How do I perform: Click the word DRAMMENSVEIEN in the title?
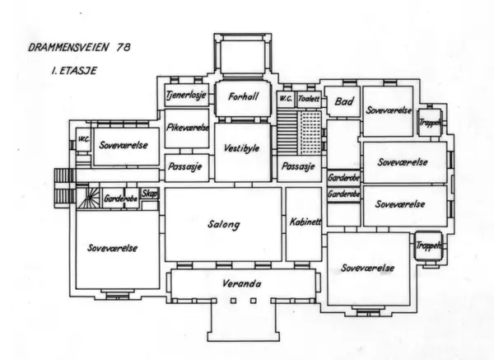point(68,48)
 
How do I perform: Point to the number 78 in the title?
point(123,48)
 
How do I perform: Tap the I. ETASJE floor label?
point(74,71)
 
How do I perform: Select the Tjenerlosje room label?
point(187,95)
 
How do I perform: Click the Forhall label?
point(243,96)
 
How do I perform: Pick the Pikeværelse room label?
point(188,128)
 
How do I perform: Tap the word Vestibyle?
point(241,148)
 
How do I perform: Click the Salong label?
point(224,224)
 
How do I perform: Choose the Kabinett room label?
point(305,222)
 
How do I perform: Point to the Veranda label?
point(241,283)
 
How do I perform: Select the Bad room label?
point(344,101)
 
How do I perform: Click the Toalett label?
point(309,99)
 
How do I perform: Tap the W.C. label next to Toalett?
point(286,99)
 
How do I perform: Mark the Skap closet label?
point(149,194)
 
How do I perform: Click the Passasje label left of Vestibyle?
point(185,166)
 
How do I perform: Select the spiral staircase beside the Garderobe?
point(89,198)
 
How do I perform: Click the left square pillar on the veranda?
point(233,301)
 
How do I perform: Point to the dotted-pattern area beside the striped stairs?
point(310,133)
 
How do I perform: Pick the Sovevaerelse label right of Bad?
point(389,110)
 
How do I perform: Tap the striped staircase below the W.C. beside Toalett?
point(287,132)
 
